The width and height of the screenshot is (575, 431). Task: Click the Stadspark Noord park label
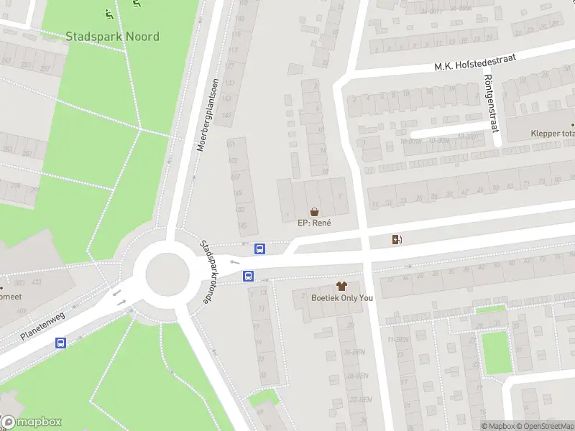(x=112, y=36)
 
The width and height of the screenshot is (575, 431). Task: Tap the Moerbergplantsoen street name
(x=206, y=115)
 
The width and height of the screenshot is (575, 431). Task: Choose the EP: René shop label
(x=314, y=223)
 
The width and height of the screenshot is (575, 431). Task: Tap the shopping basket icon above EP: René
(x=314, y=211)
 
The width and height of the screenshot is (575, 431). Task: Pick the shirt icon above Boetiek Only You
(x=340, y=286)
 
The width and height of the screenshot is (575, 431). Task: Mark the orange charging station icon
(x=396, y=239)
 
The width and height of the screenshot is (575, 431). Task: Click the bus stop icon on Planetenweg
(x=61, y=343)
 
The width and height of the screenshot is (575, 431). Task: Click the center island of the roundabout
(x=167, y=274)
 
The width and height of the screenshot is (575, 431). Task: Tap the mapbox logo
(x=32, y=422)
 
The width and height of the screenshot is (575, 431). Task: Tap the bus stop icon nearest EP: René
(x=260, y=249)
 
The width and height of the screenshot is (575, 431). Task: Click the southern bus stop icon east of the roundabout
(x=248, y=275)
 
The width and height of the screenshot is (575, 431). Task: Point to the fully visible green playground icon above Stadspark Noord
(x=109, y=13)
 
